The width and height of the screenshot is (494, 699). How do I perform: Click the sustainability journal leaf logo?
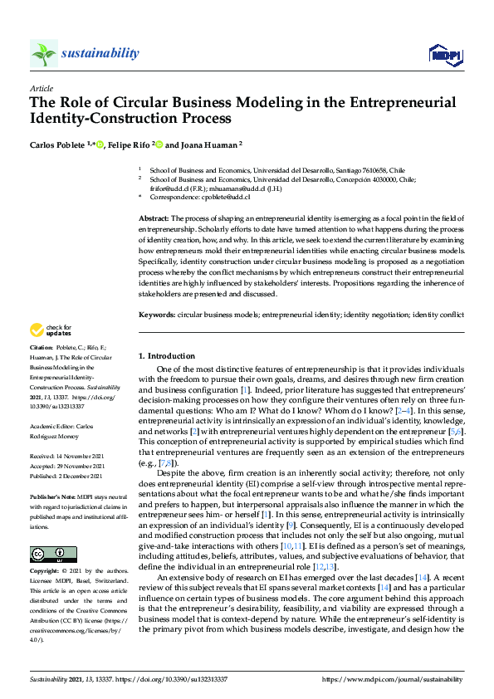(43, 54)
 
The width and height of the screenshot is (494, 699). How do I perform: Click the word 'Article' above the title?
(41, 88)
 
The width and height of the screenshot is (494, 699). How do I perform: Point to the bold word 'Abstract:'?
(155, 217)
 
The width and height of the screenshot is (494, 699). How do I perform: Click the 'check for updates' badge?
(51, 330)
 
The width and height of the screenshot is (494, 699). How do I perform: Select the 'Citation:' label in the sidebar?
(41, 346)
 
